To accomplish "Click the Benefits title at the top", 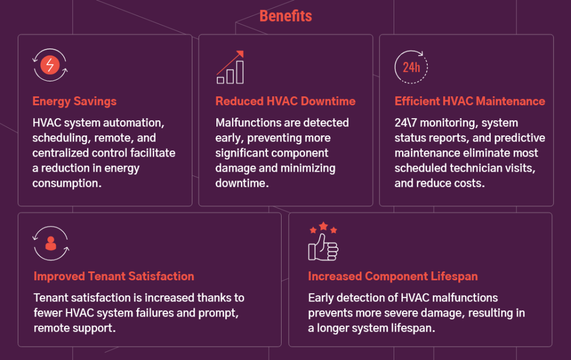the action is coord(285,16).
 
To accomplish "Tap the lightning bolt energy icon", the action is coord(50,65).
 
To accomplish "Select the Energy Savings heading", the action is coord(74,101).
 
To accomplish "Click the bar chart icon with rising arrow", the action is coord(230,67).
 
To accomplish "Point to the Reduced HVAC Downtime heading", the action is coord(285,101).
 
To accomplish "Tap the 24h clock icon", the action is coord(411,67).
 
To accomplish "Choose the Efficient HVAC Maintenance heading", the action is coord(470,101).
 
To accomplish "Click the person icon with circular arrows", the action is coord(51,244).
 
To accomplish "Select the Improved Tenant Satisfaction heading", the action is coord(114,276).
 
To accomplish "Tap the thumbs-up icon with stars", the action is coord(323,241).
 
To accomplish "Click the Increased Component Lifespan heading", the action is coord(393,276).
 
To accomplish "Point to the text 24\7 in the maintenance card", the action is coord(406,123).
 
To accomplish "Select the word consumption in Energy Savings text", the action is coord(67,183).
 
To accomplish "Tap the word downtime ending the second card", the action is coord(242,183).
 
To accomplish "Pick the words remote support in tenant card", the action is coord(74,328).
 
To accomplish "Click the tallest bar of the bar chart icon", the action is coord(240,72).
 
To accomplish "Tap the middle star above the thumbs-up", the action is coord(323,226).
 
